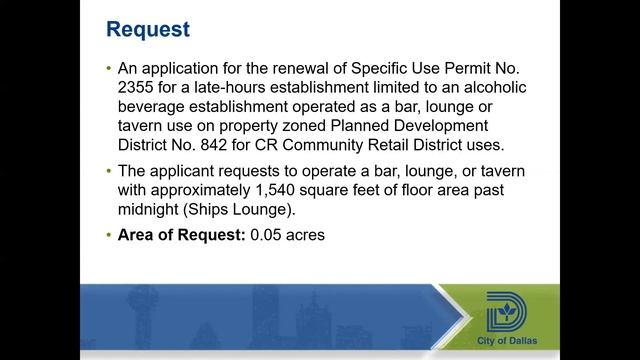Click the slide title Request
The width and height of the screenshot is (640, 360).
[x=148, y=28]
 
